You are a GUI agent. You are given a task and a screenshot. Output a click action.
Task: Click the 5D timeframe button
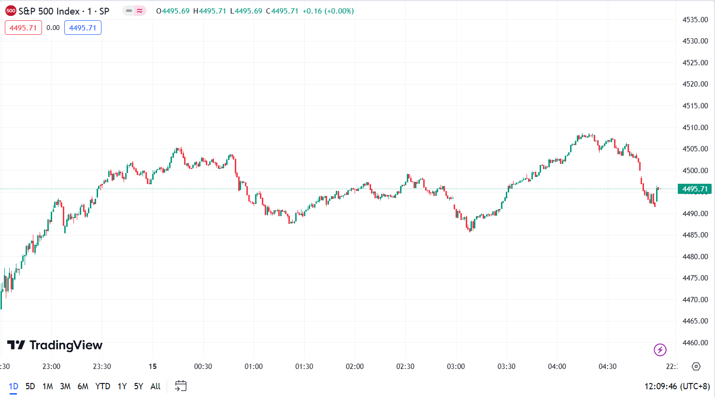(30, 386)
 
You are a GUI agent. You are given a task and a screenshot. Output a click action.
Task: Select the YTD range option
(102, 386)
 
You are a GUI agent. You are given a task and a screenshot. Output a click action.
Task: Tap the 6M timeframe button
(83, 386)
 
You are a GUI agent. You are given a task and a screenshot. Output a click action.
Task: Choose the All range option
(155, 386)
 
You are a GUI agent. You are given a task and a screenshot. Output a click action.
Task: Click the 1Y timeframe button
(122, 386)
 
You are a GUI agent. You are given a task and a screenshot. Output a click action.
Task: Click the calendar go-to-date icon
(181, 386)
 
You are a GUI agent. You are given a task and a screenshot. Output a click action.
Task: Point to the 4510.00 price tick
(695, 128)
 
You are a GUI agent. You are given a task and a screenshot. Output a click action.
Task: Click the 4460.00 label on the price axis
(695, 343)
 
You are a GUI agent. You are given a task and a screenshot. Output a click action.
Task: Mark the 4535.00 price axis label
(695, 20)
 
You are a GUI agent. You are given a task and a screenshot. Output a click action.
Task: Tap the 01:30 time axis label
(304, 367)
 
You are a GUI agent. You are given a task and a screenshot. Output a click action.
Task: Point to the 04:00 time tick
(557, 367)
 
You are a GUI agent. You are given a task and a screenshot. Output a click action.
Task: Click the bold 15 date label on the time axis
(153, 367)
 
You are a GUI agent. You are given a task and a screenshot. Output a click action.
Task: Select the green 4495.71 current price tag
(695, 189)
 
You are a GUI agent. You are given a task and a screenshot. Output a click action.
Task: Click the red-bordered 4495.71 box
(23, 28)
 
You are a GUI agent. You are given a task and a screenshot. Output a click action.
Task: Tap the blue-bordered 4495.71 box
(83, 28)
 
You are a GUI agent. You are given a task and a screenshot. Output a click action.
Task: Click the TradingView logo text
(66, 345)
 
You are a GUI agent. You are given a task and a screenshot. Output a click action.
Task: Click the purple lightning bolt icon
(660, 350)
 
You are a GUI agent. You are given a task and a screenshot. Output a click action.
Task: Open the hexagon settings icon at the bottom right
(696, 367)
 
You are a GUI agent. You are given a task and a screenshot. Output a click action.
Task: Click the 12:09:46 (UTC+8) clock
(677, 386)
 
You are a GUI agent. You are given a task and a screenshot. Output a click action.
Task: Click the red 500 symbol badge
(11, 11)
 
